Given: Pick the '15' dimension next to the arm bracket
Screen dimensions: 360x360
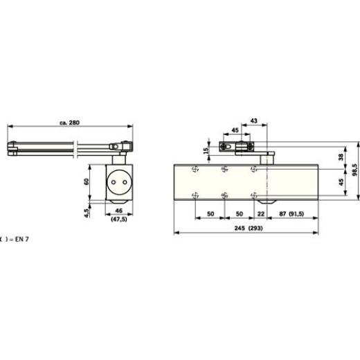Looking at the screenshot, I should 206,150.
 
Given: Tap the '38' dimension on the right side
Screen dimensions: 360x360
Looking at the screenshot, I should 339,156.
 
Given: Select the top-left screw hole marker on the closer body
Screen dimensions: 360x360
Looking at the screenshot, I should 196,169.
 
